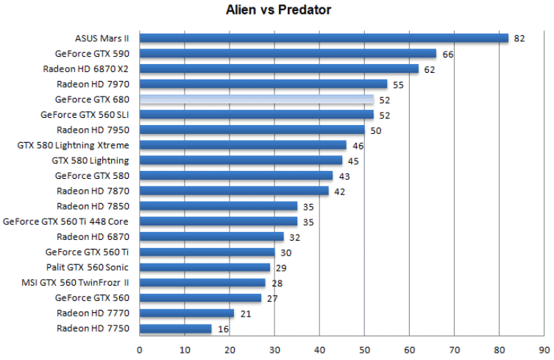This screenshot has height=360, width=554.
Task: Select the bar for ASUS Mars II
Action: click(x=324, y=38)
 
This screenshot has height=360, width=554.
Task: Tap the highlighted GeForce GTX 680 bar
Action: click(x=257, y=99)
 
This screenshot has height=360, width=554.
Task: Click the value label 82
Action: click(x=519, y=38)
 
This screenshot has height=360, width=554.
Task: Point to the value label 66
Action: click(x=447, y=54)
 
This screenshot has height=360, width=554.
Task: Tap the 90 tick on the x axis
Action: click(x=544, y=350)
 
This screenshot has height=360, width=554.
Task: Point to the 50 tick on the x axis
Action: click(x=364, y=350)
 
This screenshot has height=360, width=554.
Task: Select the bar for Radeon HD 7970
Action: click(x=263, y=84)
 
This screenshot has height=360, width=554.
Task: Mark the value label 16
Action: click(x=222, y=329)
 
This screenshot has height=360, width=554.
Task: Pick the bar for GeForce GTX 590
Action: click(x=288, y=54)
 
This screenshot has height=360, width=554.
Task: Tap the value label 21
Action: click(x=245, y=314)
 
